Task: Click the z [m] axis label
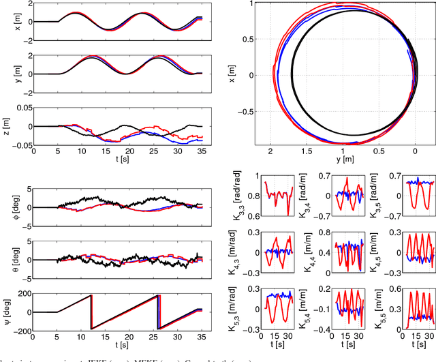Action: pyautogui.click(x=10, y=126)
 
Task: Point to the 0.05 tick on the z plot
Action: pyautogui.click(x=20, y=108)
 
